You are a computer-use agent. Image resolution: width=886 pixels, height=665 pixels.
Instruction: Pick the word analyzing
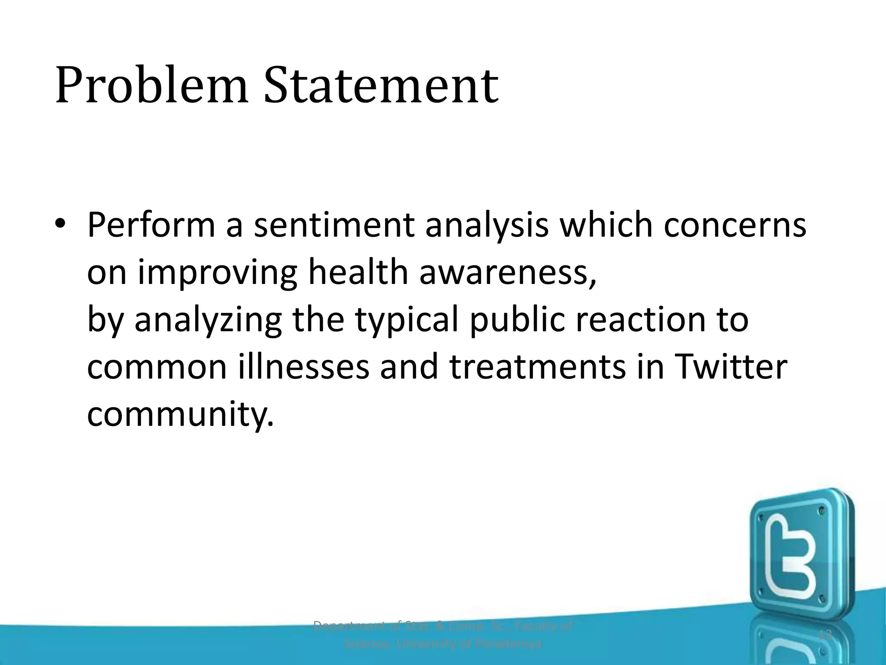(x=208, y=320)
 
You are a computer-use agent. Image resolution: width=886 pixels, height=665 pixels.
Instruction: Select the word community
(x=180, y=415)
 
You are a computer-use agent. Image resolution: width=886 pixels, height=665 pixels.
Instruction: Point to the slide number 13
(x=825, y=635)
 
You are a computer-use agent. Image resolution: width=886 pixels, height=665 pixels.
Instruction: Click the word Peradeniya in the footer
(x=508, y=644)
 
